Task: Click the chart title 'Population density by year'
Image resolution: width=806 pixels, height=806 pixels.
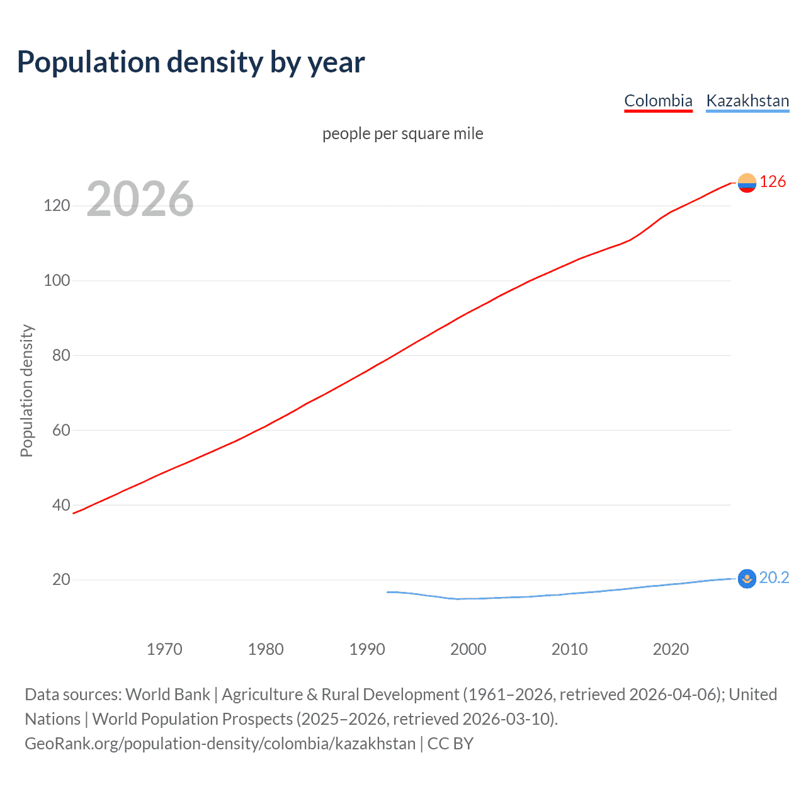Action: (191, 62)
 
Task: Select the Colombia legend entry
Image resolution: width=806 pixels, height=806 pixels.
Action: (658, 101)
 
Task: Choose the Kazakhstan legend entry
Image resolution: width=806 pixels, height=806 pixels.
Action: (747, 101)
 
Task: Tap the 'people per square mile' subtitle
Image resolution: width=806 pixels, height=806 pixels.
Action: (403, 133)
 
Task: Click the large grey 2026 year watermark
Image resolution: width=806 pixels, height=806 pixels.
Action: (140, 199)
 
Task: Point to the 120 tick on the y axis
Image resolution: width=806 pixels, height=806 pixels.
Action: (57, 206)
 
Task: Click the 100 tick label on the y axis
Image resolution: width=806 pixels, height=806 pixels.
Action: (57, 280)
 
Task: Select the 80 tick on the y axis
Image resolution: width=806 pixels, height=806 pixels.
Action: (61, 355)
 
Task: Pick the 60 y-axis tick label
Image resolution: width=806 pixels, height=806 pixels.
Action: (61, 430)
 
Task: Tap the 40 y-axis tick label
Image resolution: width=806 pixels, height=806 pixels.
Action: (61, 505)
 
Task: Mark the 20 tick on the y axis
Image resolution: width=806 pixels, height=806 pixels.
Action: (61, 579)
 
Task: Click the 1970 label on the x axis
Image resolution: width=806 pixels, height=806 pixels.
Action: (164, 649)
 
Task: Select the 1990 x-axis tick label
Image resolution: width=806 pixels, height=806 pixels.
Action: (367, 649)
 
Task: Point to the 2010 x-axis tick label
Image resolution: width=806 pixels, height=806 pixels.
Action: (569, 649)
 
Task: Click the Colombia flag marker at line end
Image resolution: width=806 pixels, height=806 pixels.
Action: (747, 183)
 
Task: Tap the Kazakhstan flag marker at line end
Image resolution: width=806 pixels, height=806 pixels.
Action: (747, 578)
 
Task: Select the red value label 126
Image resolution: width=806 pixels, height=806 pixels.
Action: (773, 182)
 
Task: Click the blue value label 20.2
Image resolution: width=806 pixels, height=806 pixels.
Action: (774, 577)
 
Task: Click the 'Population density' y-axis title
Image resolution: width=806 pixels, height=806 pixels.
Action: (26, 390)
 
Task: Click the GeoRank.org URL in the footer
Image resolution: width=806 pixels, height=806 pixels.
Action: (220, 744)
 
